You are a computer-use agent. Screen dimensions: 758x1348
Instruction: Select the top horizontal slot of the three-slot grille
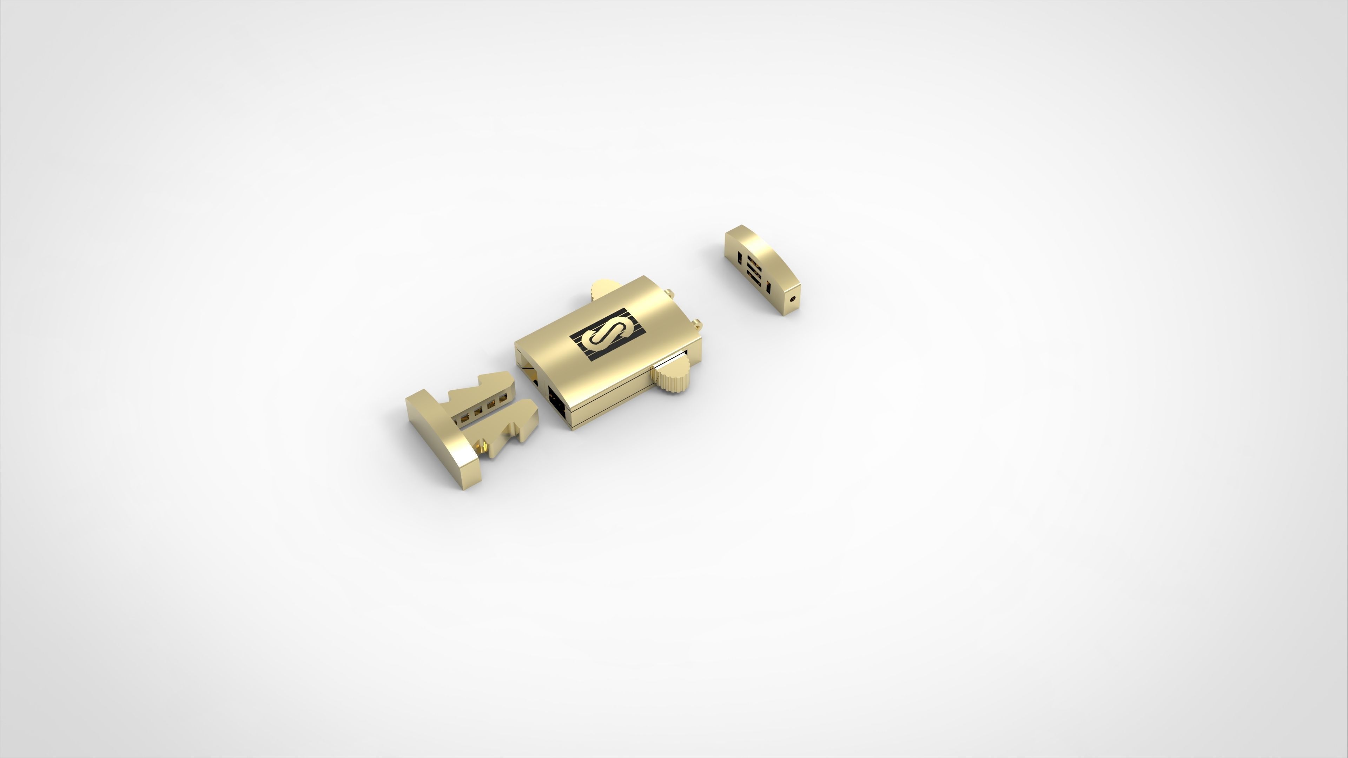[x=752, y=260]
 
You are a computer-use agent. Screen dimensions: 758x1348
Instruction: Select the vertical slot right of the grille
[x=768, y=287]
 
